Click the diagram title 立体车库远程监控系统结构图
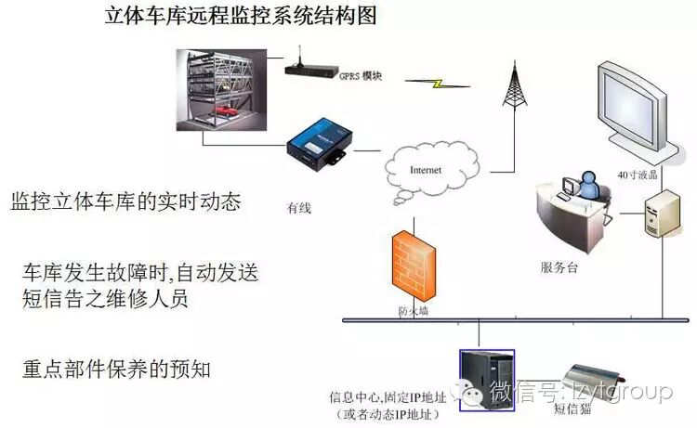tap(241, 17)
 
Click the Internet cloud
tap(427, 171)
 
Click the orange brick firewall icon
tap(412, 265)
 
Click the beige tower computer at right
tap(664, 213)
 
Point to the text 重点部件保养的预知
tap(117, 368)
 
